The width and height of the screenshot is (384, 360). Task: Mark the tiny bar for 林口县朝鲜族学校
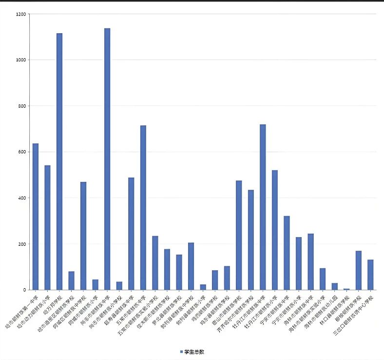(x=346, y=289)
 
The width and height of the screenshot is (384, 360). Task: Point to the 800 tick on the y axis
(x=22, y=106)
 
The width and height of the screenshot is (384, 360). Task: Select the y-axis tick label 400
(x=22, y=198)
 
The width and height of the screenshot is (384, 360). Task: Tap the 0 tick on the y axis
(x=24, y=290)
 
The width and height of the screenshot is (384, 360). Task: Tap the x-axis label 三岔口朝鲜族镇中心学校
(x=355, y=313)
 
